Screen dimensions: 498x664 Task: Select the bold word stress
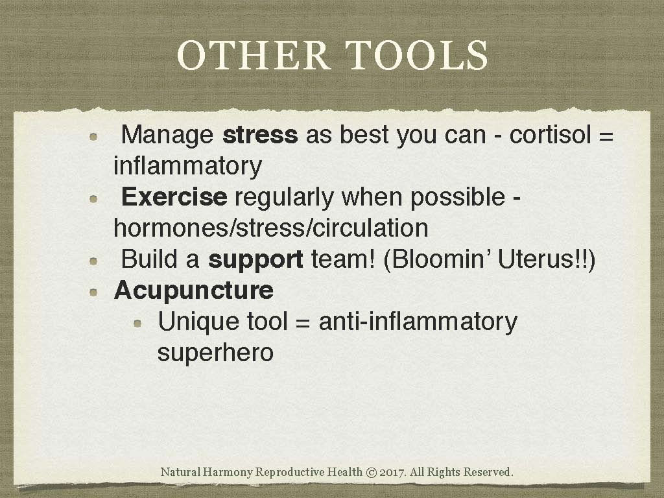click(x=260, y=135)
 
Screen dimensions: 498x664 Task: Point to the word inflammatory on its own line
click(x=187, y=166)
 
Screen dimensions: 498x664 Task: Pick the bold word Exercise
click(x=174, y=197)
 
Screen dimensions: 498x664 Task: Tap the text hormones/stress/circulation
click(x=270, y=228)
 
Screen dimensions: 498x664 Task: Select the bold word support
click(x=255, y=259)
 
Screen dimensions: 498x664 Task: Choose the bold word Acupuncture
click(x=193, y=290)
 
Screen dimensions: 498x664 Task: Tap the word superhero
click(x=215, y=353)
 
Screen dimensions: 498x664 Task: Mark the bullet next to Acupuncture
click(x=94, y=292)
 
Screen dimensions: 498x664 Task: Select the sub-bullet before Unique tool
click(x=137, y=323)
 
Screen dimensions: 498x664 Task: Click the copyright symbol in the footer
click(x=372, y=472)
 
